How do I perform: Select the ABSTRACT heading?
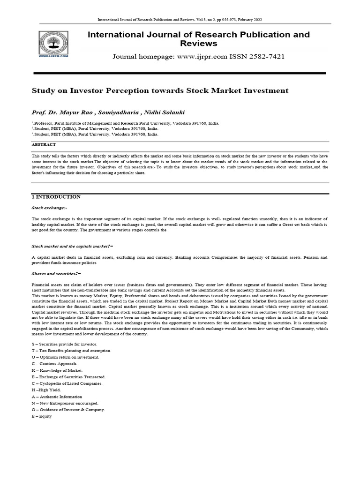[44, 145]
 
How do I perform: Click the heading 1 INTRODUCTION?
[56, 197]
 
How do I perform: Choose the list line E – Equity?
[42, 416]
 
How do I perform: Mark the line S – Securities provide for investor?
[64, 344]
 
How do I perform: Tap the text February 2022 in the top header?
[251, 20]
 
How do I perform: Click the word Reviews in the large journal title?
[199, 44]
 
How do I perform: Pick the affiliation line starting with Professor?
[125, 123]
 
